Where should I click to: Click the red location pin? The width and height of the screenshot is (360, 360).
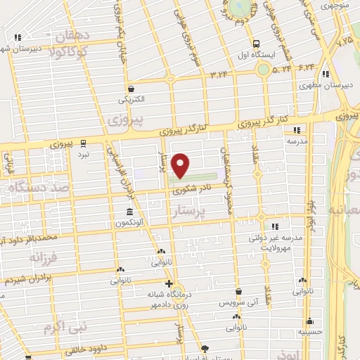pos(181,165)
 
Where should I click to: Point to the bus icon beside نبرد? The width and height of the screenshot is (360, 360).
pos(83,142)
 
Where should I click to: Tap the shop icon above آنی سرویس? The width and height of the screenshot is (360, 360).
pos(239,291)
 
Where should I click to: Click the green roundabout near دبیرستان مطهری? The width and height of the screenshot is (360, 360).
pos(264,69)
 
